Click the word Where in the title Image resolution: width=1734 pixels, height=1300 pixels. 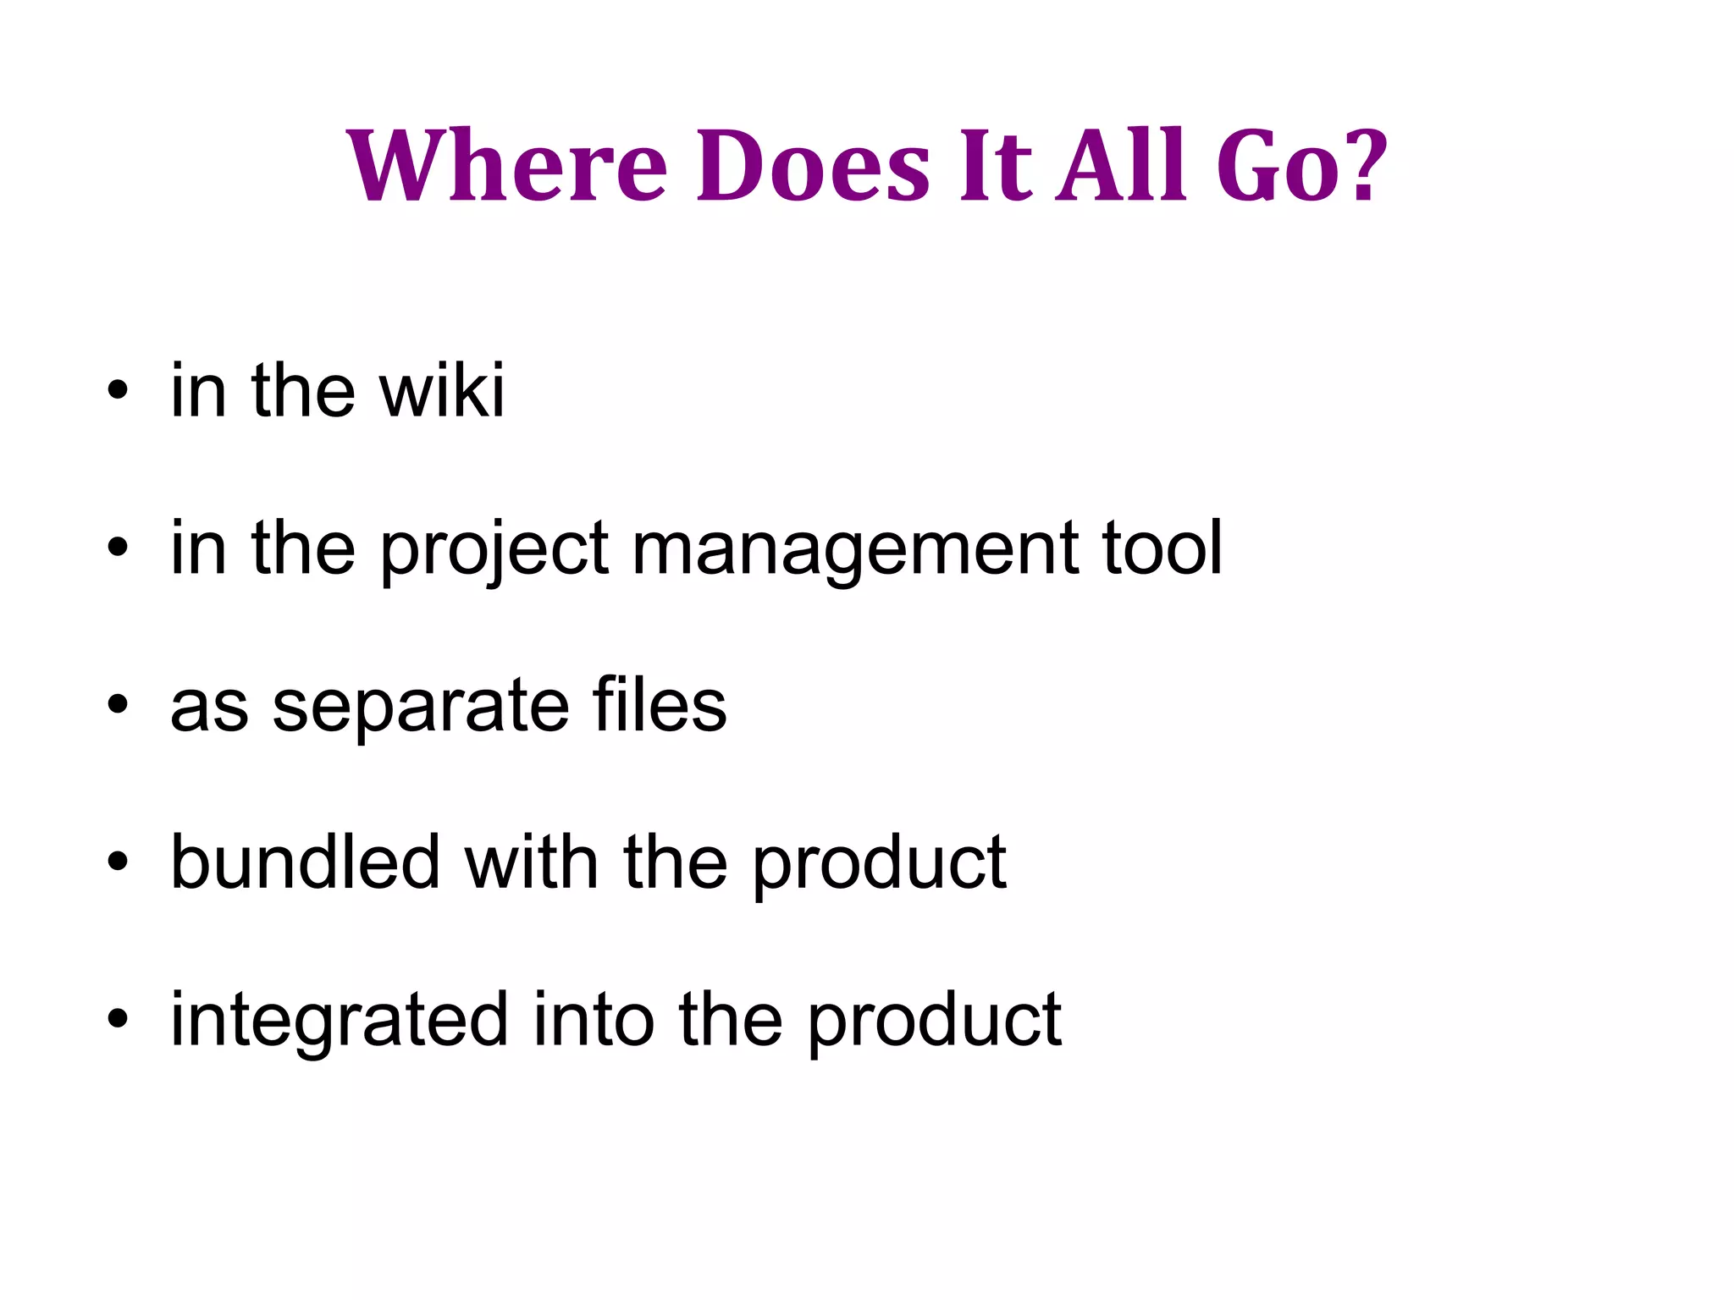tap(506, 166)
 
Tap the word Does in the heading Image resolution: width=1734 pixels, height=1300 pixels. tap(814, 166)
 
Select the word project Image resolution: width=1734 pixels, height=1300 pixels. tap(494, 550)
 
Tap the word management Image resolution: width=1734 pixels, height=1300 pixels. tap(855, 550)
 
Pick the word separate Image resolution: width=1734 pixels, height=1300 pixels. tap(421, 706)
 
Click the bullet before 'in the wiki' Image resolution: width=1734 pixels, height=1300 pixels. tap(118, 392)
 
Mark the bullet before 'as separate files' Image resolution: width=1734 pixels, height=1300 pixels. tap(118, 706)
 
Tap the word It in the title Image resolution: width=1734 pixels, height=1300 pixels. tap(996, 166)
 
